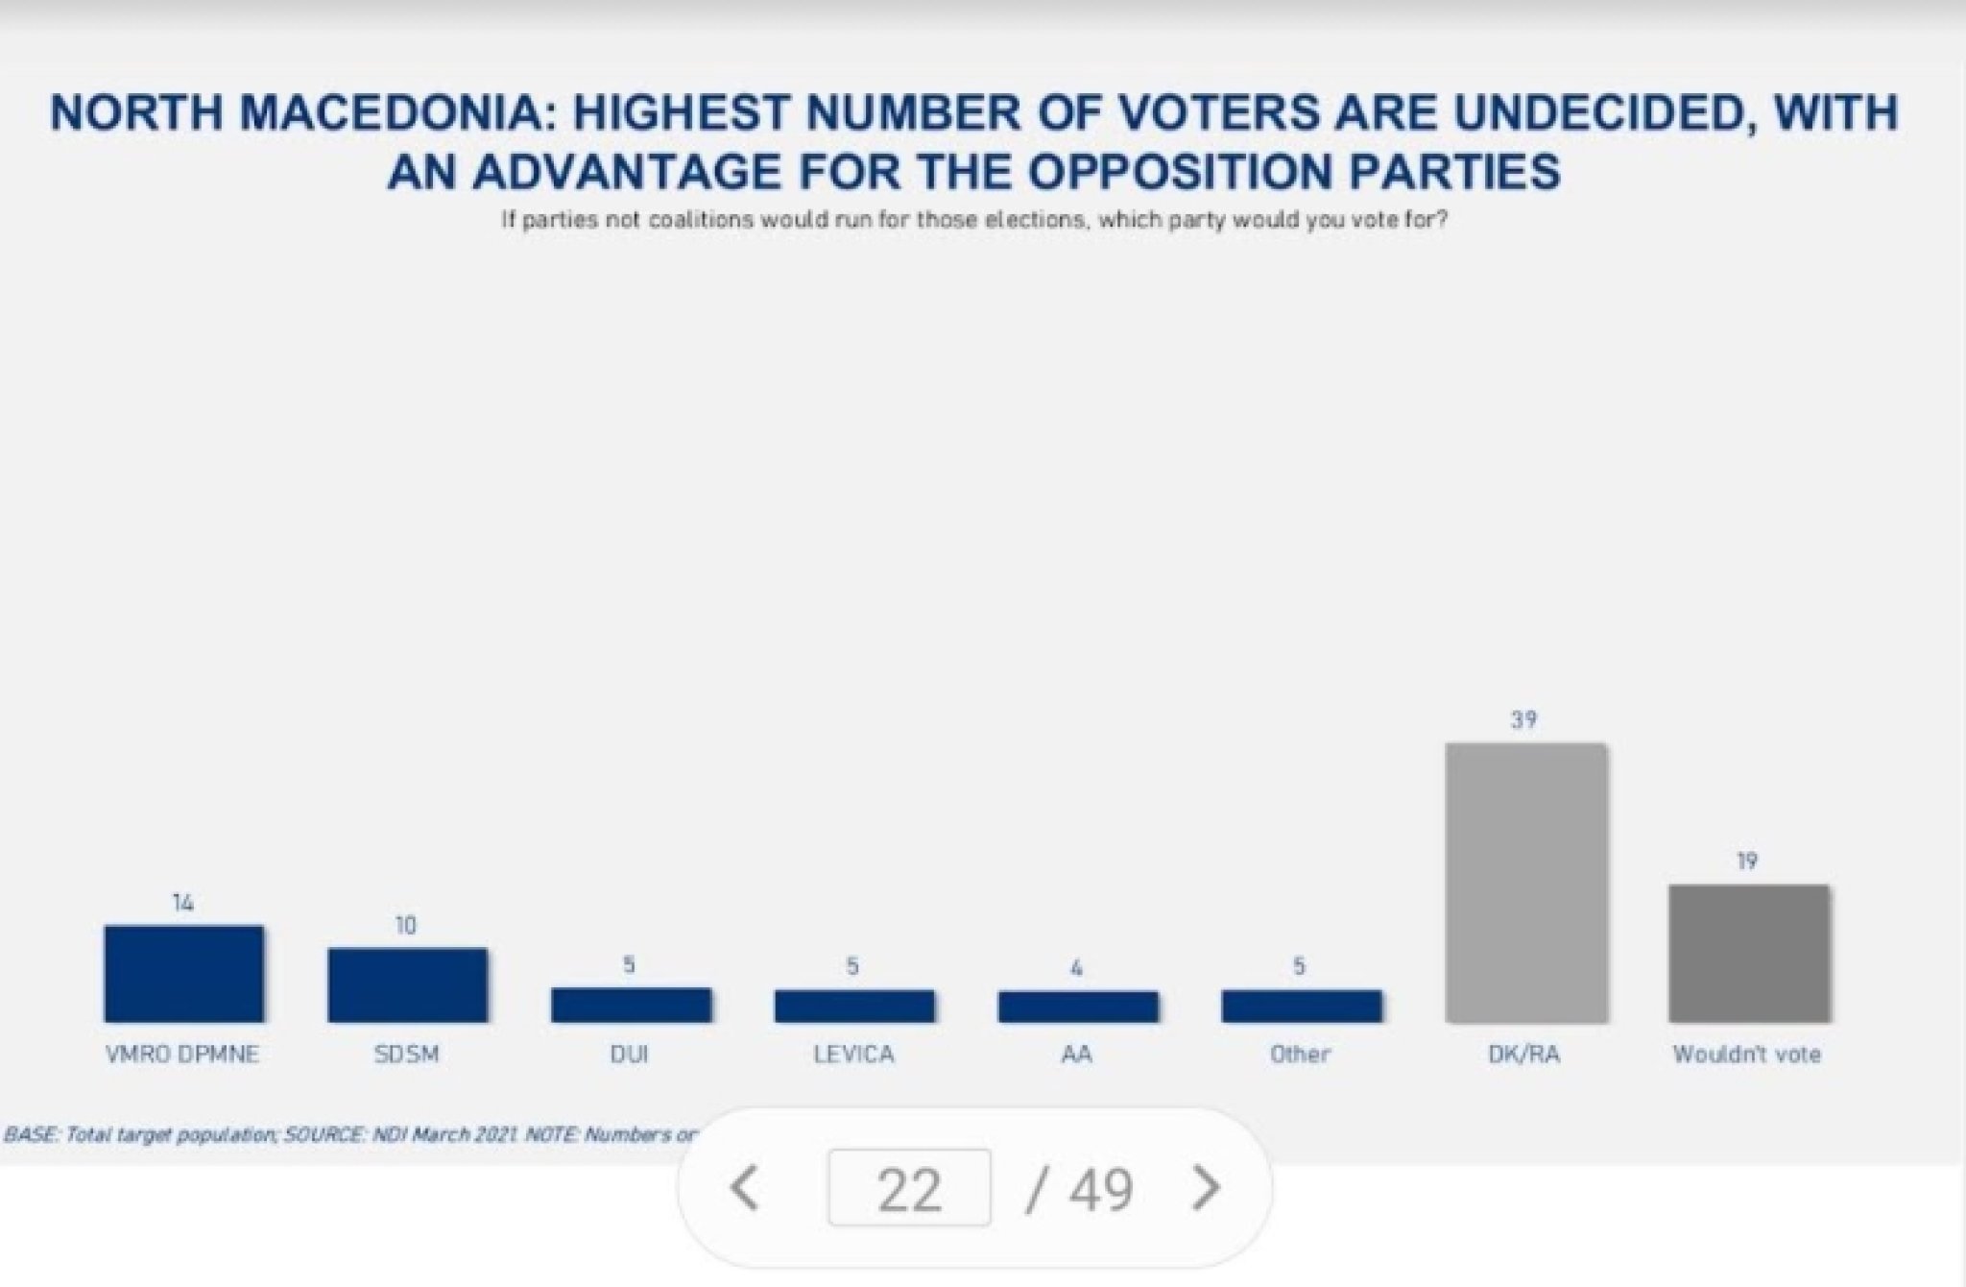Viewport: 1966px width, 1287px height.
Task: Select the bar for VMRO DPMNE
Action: click(x=183, y=973)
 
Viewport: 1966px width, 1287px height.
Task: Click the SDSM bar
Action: click(x=407, y=984)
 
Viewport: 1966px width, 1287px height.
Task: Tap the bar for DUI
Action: click(x=631, y=1005)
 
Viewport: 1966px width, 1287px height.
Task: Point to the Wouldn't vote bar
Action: click(x=1748, y=953)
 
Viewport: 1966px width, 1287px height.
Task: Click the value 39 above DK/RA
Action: click(x=1523, y=719)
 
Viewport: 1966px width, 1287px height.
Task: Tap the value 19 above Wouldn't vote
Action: click(x=1747, y=861)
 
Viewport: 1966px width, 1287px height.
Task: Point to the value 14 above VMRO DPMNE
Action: click(x=183, y=902)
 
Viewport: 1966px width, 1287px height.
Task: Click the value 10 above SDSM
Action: click(x=406, y=925)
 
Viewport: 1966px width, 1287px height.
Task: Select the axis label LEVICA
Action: click(x=853, y=1054)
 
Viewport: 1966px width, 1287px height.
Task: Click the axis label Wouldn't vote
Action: click(x=1746, y=1054)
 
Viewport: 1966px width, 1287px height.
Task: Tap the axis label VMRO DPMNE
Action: click(x=182, y=1054)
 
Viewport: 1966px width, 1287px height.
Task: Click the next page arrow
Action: click(x=1205, y=1188)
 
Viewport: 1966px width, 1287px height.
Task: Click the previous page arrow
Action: click(x=745, y=1188)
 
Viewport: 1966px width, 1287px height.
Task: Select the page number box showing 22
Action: click(x=908, y=1188)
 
